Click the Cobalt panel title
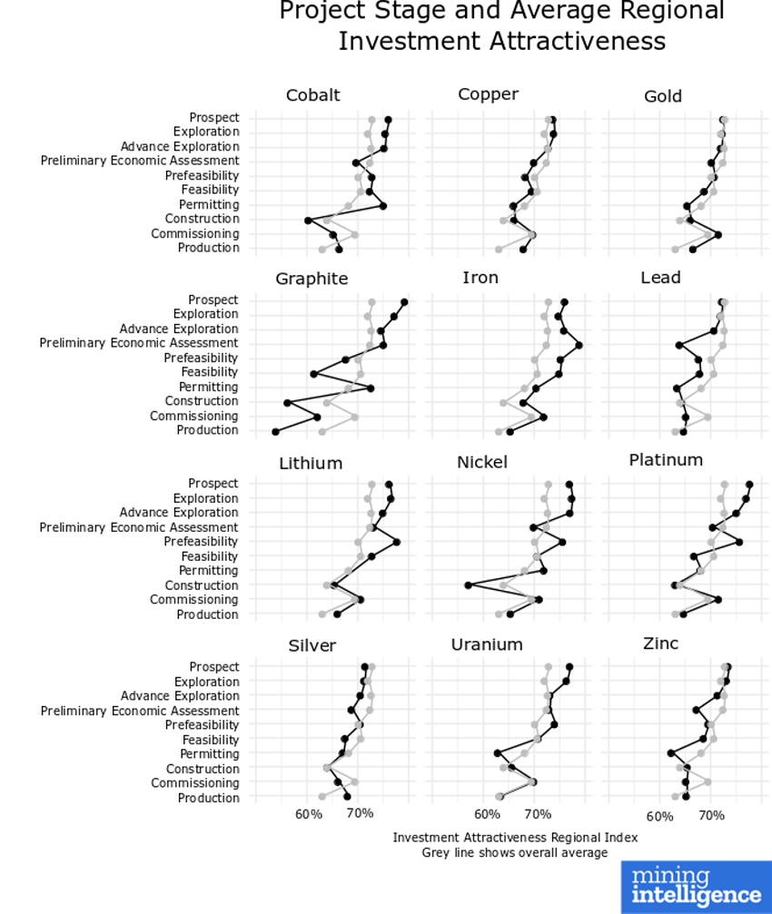click(x=312, y=95)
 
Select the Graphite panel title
click(x=312, y=279)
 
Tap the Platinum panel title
click(x=666, y=460)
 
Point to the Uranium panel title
click(x=487, y=644)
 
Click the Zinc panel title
click(x=660, y=644)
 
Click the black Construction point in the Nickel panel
click(x=468, y=585)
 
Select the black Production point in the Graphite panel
click(x=275, y=431)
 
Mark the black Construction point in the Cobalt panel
click(x=308, y=221)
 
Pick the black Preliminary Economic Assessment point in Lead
click(x=678, y=345)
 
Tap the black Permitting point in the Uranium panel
click(x=497, y=753)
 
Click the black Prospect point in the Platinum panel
click(x=749, y=485)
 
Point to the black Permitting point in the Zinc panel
click(x=670, y=753)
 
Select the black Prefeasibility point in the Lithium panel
click(x=397, y=542)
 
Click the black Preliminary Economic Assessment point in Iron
click(x=579, y=345)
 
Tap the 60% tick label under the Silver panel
click(x=309, y=814)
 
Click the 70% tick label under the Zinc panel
click(x=711, y=816)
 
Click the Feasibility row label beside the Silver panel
click(x=210, y=740)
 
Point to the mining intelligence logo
click(x=696, y=886)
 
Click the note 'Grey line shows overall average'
click(x=515, y=852)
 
